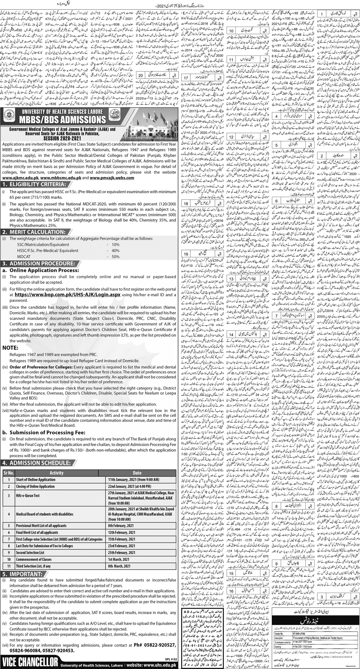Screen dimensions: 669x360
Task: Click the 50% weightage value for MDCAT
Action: (x=115, y=247)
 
